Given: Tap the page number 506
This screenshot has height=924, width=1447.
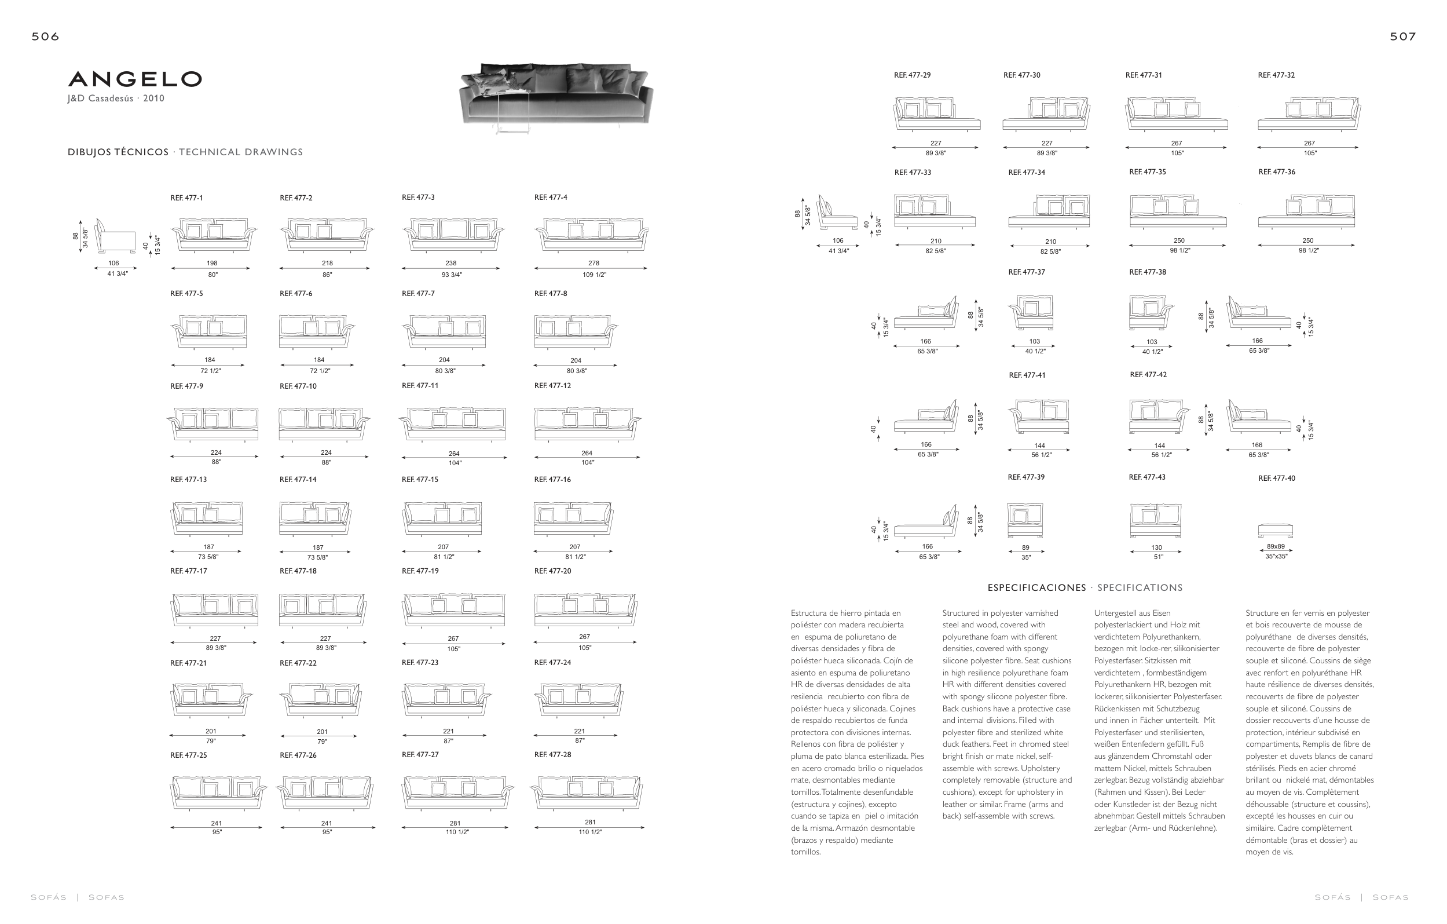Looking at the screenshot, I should click(46, 36).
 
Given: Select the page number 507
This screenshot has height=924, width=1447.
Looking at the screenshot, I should click(1402, 36).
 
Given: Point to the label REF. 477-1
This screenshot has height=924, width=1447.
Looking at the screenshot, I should click(186, 198).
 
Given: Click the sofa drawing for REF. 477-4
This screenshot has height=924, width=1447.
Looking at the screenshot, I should click(592, 235).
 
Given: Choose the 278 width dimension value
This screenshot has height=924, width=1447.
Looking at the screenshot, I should click(594, 262).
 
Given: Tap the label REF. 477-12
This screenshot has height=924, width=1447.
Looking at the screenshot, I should click(552, 386).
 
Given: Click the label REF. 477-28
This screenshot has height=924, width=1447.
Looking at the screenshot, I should click(552, 754).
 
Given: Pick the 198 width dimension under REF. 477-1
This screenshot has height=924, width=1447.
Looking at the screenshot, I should click(212, 262).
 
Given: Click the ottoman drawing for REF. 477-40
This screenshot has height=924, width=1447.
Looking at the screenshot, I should click(1275, 530).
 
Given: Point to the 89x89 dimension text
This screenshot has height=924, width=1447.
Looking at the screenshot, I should click(1276, 546).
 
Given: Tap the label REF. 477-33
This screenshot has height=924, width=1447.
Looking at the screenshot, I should click(912, 173).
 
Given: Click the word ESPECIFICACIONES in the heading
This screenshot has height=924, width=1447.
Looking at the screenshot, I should click(1036, 588).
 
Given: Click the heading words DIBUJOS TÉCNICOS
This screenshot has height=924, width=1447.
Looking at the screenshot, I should click(118, 152).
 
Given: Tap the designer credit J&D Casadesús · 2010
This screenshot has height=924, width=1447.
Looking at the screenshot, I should click(115, 98).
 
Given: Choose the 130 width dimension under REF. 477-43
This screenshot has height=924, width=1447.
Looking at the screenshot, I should click(1156, 547).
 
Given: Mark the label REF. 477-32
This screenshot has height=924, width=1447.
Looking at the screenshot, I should click(1276, 75).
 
